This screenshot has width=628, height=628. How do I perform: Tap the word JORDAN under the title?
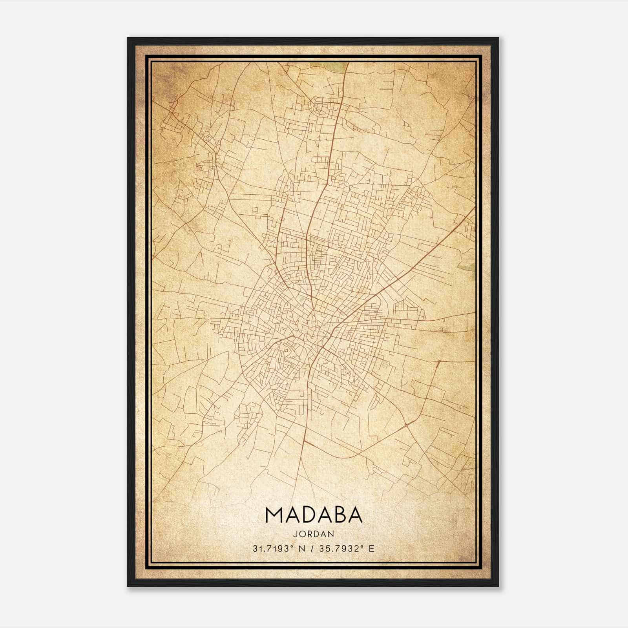tap(314, 534)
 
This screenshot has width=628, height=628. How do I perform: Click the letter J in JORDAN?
tap(294, 534)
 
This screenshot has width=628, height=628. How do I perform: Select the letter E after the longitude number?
tap(372, 548)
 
